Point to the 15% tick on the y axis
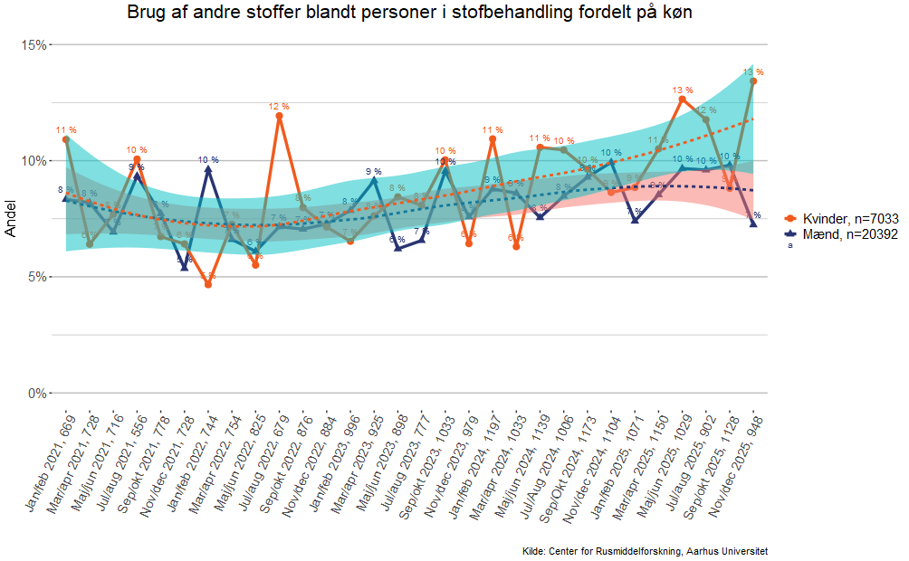pos(33,44)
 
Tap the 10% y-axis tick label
pos(33,161)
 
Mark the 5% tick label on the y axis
pos(37,277)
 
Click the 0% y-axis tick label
pos(37,393)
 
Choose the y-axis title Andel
pos(11,219)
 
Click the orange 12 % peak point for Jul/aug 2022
pos(280,116)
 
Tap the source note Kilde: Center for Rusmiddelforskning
pos(646,551)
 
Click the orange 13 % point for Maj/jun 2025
pos(683,99)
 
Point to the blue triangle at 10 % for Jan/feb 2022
pos(208,168)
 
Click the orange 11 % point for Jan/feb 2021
pos(66,139)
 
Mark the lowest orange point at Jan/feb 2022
pos(208,284)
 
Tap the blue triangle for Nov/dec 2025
pos(753,223)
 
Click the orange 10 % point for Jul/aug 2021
pos(137,159)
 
